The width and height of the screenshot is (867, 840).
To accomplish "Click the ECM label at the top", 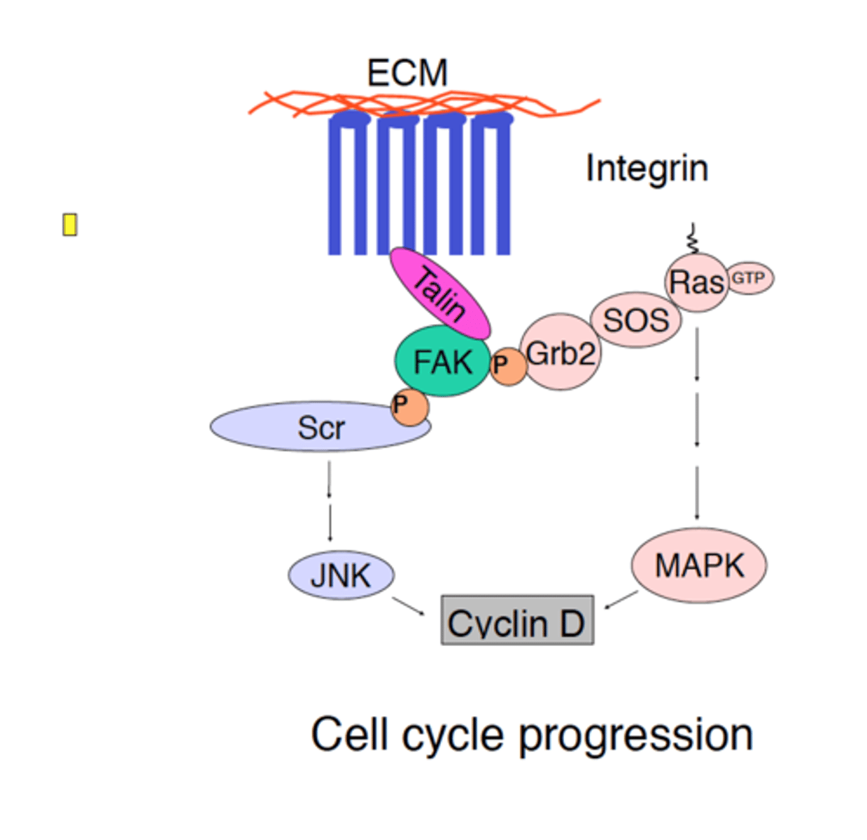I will point(407,73).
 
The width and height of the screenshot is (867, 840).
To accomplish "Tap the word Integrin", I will point(647,169).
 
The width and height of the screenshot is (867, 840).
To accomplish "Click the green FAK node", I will point(442,362).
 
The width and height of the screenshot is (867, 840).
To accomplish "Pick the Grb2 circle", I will point(561,353).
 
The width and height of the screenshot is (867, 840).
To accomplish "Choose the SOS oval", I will point(635,321).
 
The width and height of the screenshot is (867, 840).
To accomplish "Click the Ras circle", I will point(696,283).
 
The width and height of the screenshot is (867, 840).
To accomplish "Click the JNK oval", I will point(341,575).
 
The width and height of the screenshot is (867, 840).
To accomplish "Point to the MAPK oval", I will point(698,565).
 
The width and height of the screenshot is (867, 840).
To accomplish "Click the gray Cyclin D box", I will point(517,621).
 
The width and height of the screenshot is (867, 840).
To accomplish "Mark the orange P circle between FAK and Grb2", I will point(507,366).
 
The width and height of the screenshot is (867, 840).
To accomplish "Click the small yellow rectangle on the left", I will point(69,225).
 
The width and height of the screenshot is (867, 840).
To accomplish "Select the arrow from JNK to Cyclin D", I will point(409,606).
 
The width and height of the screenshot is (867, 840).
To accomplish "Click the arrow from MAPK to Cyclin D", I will point(621,600).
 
